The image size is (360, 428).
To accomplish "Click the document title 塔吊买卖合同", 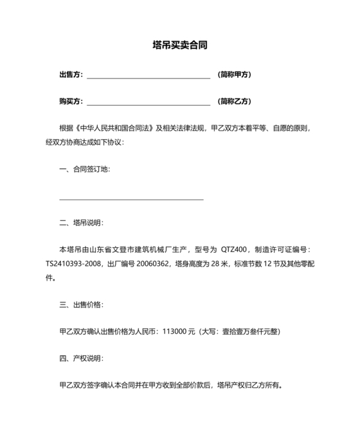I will (180, 46).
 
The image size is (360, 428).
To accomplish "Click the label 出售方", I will (70, 75).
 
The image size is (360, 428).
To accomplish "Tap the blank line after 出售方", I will (148, 77).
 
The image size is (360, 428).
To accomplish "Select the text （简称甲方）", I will (235, 75).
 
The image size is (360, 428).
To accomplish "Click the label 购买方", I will (70, 102).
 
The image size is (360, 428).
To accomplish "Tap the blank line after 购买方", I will (148, 104).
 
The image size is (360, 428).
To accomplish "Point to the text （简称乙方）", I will (235, 102).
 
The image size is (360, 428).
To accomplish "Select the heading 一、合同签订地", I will (84, 169).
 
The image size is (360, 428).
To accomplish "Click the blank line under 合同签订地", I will (131, 198).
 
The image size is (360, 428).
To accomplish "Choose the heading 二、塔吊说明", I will (80, 223).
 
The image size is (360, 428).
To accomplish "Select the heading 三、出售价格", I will (80, 304).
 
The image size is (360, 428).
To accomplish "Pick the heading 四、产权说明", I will (80, 358).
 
